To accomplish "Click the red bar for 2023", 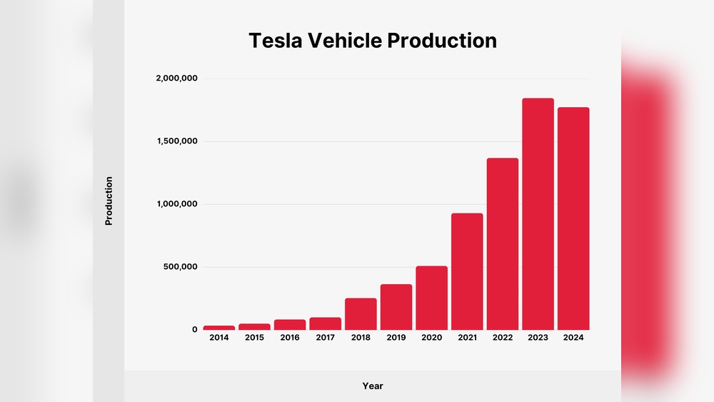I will tap(538, 214).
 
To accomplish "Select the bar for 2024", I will tap(573, 218).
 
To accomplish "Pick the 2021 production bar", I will tap(467, 271).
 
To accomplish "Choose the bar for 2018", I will tap(361, 313).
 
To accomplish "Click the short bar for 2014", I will tap(218, 328).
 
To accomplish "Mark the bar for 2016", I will tap(290, 324).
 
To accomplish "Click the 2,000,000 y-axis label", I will tap(176, 79).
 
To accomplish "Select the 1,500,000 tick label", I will tap(176, 141).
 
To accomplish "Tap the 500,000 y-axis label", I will tap(180, 267).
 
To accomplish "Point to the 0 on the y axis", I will tap(194, 330).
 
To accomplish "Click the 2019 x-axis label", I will tap(396, 338).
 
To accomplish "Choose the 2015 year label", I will tap(254, 338).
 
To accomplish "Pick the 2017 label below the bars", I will tap(325, 338).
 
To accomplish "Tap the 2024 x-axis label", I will tap(573, 338).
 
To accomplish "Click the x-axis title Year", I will tap(373, 386).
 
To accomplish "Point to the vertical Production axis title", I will tap(109, 201).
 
